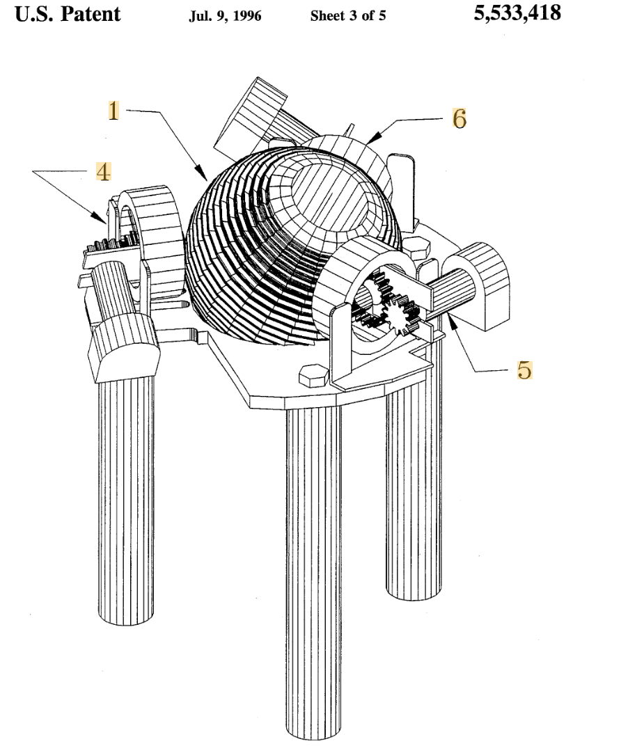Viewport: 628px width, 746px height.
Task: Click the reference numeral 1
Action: click(113, 111)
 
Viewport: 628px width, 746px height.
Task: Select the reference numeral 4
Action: click(103, 172)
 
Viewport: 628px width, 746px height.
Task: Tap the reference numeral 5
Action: click(524, 370)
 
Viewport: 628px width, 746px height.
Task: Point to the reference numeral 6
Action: click(459, 118)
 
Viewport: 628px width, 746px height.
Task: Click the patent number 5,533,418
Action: click(517, 13)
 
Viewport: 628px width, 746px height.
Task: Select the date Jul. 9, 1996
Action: click(225, 16)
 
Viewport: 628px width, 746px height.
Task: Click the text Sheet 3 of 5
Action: click(348, 16)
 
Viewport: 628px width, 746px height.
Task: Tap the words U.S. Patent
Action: click(68, 15)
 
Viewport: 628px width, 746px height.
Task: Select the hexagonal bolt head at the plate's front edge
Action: click(313, 375)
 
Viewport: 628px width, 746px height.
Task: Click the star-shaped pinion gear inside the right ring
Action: click(399, 314)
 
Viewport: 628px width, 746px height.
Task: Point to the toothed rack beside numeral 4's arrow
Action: click(111, 244)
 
